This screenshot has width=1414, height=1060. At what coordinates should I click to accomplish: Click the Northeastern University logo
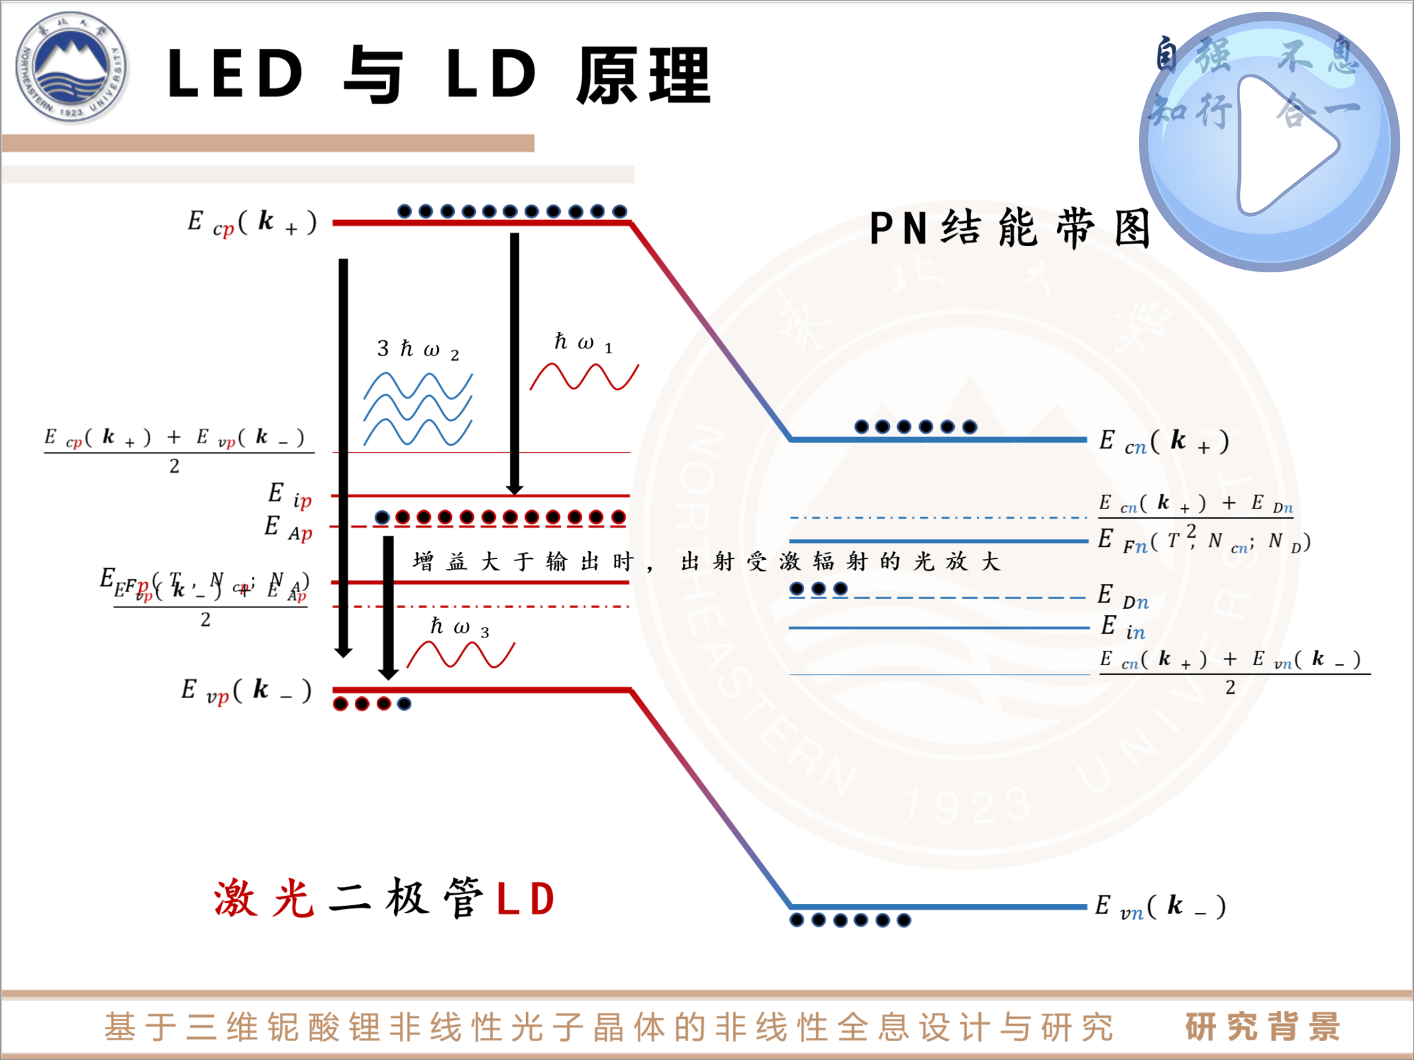[71, 67]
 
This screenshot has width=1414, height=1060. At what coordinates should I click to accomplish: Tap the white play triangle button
[1282, 145]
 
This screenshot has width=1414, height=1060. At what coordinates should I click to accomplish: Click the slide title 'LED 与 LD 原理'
[438, 75]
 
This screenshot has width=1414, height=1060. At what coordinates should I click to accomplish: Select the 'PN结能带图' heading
[1010, 229]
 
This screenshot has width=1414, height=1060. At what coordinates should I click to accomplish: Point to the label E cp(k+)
[252, 222]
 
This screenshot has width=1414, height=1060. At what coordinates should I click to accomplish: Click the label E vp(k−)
[246, 690]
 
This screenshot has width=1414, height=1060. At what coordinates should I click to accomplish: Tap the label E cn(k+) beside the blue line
[1164, 442]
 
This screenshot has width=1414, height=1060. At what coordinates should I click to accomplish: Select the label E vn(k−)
[1160, 907]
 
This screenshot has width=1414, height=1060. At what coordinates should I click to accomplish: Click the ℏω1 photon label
[583, 342]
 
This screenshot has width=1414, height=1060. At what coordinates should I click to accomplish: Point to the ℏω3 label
[459, 628]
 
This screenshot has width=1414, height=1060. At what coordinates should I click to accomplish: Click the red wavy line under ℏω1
[584, 377]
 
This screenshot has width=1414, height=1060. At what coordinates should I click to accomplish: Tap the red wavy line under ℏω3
[461, 654]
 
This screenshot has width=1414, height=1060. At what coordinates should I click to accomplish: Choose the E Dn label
[1122, 597]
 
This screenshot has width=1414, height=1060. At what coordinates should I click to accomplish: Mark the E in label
[1122, 628]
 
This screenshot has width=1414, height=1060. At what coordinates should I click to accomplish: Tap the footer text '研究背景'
[1262, 1026]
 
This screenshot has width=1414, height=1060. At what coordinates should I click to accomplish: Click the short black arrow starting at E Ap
[388, 607]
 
